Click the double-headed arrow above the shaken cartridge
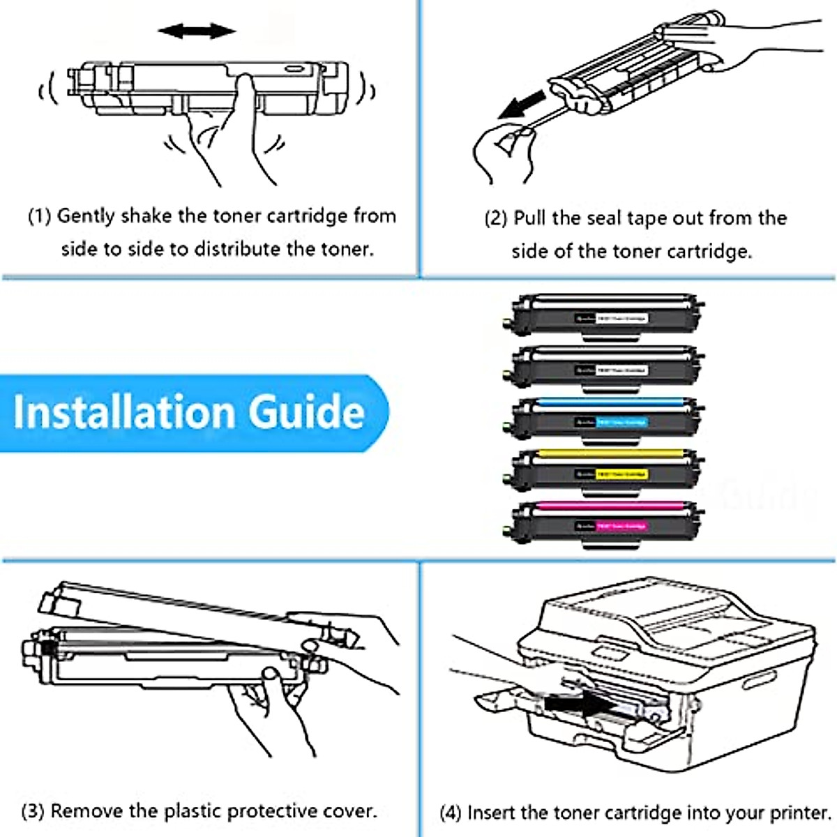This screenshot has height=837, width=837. click(196, 31)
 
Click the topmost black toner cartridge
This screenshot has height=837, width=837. click(605, 315)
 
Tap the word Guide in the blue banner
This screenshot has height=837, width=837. click(307, 412)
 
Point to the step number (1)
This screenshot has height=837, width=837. click(40, 216)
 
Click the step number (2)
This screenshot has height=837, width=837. click(496, 218)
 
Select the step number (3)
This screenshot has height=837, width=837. click(33, 811)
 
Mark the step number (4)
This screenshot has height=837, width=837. click(451, 813)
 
